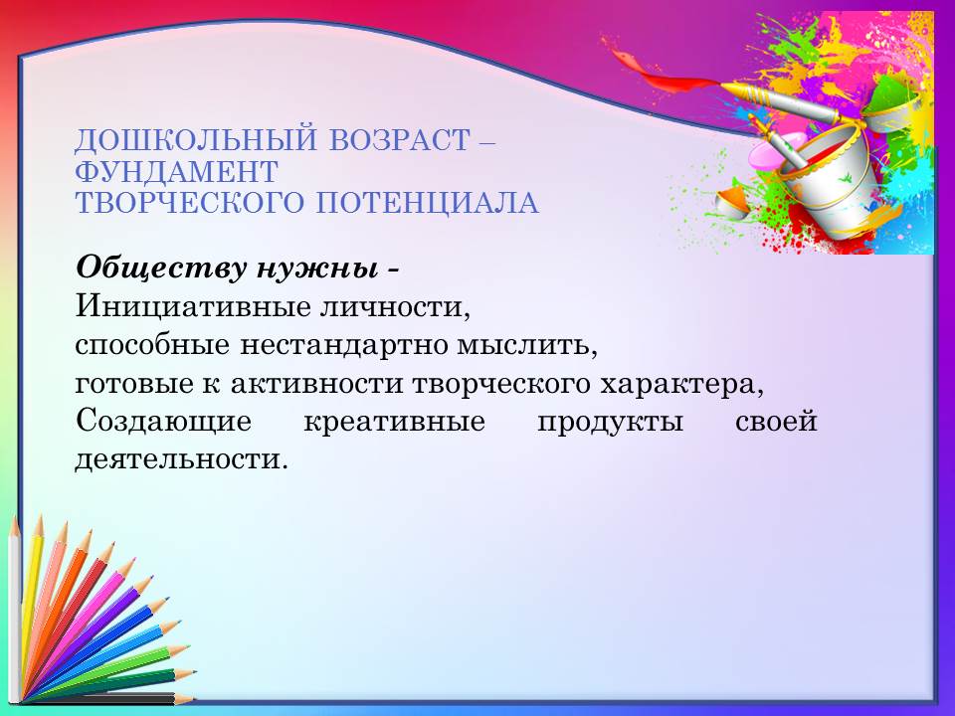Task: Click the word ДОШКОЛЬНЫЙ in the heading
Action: click(196, 140)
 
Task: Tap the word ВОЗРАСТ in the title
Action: click(400, 139)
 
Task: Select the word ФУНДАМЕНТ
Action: click(177, 172)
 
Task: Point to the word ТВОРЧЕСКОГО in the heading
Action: click(189, 203)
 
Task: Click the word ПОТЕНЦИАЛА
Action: click(427, 203)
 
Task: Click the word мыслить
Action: click(527, 345)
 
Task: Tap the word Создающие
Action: click(163, 422)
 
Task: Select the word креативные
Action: click(395, 422)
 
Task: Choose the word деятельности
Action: click(181, 459)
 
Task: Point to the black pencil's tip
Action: click(193, 699)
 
